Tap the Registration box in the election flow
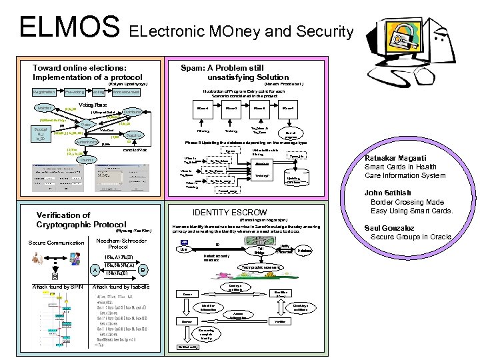43,92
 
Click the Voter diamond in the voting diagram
85,124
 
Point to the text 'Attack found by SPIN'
57,287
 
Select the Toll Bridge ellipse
260,251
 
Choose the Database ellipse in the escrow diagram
304,250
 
